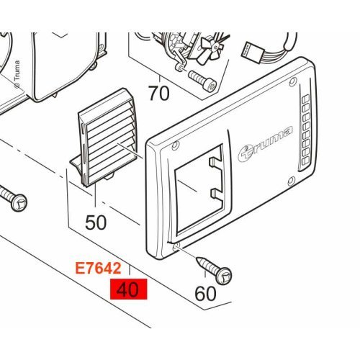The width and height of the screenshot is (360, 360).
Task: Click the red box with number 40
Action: click(x=128, y=289)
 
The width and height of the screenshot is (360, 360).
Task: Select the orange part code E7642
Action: click(x=98, y=269)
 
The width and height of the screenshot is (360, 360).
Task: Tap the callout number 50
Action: click(x=96, y=222)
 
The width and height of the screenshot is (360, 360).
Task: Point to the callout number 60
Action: click(x=205, y=294)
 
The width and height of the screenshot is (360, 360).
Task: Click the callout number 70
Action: click(x=159, y=94)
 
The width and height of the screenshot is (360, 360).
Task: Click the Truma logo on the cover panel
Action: click(x=265, y=144)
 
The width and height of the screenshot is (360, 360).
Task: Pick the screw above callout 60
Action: click(x=214, y=271)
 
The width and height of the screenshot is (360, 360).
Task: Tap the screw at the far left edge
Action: click(x=13, y=198)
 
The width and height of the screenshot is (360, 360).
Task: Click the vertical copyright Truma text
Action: click(x=17, y=74)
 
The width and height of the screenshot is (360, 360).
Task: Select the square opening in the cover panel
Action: click(x=200, y=189)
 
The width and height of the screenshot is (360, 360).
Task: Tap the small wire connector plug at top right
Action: click(x=251, y=53)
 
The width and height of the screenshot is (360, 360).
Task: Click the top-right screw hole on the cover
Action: click(x=293, y=82)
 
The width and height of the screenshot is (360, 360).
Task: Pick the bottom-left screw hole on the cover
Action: click(x=177, y=246)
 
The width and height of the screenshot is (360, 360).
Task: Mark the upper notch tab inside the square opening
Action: click(x=215, y=162)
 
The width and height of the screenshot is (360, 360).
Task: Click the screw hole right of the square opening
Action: click(x=292, y=181)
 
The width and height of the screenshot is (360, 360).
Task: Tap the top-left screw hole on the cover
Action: click(x=176, y=145)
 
